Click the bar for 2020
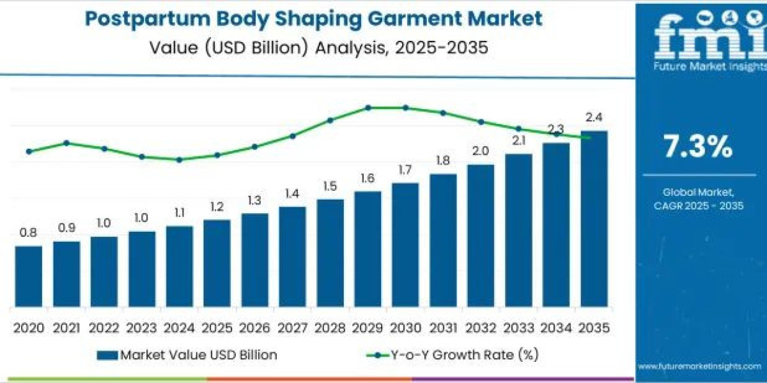click(29, 276)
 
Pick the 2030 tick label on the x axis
click(405, 328)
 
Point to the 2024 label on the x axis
click(179, 328)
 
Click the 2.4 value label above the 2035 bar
click(594, 117)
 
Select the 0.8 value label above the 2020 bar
click(28, 233)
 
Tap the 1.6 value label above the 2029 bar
click(367, 179)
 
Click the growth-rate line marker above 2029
click(368, 108)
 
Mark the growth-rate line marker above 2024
click(180, 160)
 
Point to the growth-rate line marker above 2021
click(66, 143)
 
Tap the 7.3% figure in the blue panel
click(698, 147)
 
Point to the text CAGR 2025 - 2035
click(698, 206)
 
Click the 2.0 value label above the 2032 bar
click(481, 151)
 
